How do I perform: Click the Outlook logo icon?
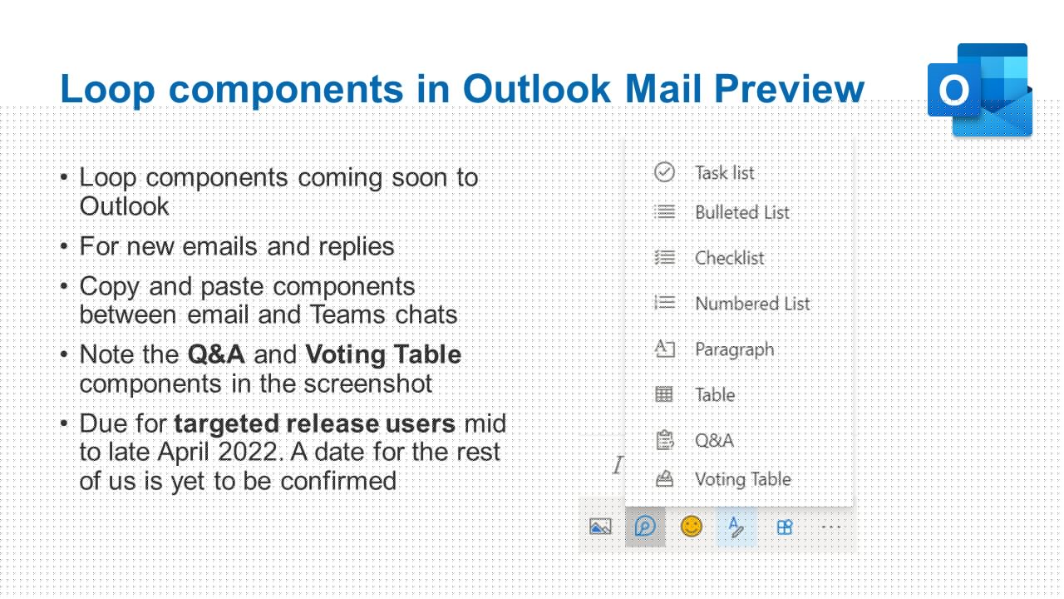(x=980, y=90)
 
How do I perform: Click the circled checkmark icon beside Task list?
(x=664, y=172)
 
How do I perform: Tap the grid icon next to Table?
(x=664, y=394)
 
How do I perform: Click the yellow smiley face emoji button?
(x=691, y=527)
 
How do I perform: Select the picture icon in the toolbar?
(x=600, y=527)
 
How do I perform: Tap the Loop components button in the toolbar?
(x=645, y=527)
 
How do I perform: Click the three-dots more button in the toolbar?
(x=831, y=527)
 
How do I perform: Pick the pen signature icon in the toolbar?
(x=736, y=527)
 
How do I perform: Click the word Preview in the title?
(x=789, y=89)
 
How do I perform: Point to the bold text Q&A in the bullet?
(x=216, y=354)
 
